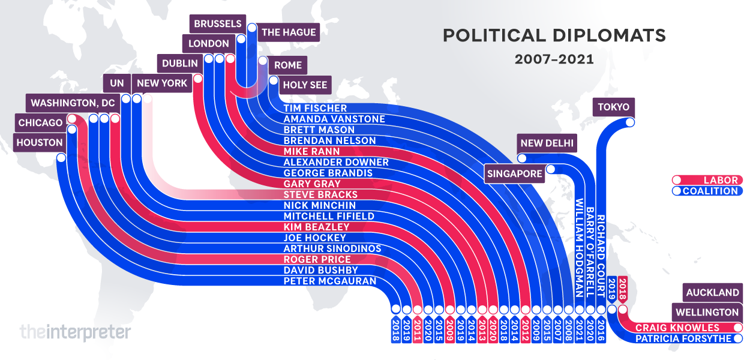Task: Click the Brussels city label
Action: coord(217,24)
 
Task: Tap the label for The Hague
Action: coord(289,32)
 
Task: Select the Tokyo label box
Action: coord(613,107)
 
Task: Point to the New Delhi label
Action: coord(547,143)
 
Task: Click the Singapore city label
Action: coord(515,174)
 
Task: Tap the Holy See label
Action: coord(305,85)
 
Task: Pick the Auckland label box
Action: coord(712,293)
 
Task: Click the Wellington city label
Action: coord(707,313)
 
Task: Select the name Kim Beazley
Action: coord(316,227)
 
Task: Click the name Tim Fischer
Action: coord(315,108)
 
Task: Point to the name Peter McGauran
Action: coord(330,281)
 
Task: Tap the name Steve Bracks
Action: coord(320,194)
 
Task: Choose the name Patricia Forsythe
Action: coord(683,338)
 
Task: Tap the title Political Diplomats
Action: coord(554,36)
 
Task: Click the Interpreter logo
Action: coord(74,331)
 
